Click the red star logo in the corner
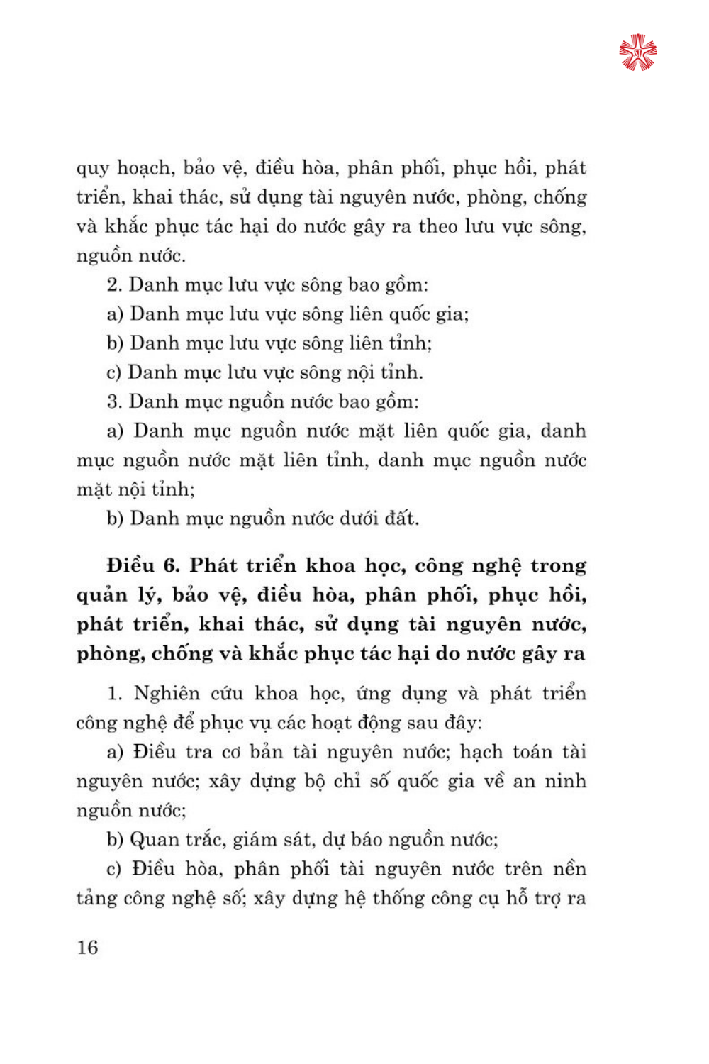637,52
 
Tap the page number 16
87,948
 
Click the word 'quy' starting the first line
92,169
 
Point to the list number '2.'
114,285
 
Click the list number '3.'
114,402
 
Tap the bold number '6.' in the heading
172,566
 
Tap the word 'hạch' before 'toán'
481,752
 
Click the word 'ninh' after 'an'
565,782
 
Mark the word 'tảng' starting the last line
96,899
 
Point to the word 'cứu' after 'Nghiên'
228,694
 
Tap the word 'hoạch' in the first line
145,169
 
